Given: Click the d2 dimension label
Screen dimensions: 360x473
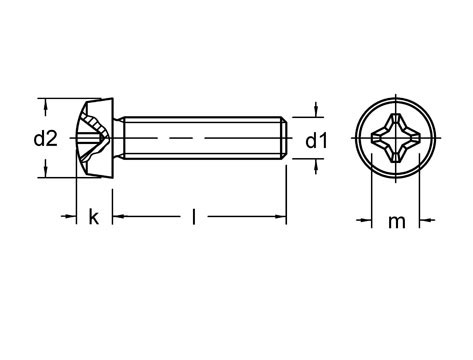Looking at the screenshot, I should (x=45, y=139).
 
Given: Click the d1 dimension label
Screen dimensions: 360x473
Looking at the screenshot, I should (x=316, y=141).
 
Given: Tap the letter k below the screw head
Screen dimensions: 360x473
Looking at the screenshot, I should (x=94, y=217).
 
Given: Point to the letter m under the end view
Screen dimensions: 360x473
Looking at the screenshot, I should (x=396, y=221).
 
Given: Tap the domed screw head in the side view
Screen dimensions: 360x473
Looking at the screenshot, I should (x=96, y=138).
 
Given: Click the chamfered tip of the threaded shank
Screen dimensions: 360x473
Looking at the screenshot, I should (x=285, y=138).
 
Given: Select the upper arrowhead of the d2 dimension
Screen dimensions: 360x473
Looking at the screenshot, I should (x=45, y=103).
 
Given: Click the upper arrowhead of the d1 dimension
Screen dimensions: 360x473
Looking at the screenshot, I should (x=316, y=113).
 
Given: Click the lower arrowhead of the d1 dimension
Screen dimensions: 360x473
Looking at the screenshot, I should (x=316, y=164).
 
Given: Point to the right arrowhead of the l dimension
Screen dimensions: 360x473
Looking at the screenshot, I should (x=282, y=216).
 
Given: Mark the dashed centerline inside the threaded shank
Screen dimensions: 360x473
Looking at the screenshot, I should (x=200, y=138).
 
